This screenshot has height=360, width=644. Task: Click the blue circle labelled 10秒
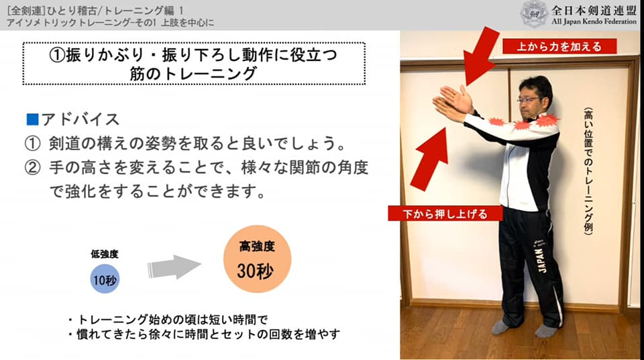(x=105, y=279)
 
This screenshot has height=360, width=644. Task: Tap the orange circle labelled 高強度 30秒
(x=257, y=259)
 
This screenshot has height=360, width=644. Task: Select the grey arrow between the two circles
(x=174, y=267)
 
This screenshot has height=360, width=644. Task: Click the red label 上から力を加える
(x=559, y=46)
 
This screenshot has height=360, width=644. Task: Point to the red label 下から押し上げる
(x=445, y=213)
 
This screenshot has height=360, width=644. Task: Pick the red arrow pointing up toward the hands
(x=429, y=160)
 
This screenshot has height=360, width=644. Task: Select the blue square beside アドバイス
(x=32, y=119)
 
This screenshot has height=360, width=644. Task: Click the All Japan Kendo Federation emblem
(x=534, y=14)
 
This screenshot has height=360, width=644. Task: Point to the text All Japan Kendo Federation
(x=594, y=21)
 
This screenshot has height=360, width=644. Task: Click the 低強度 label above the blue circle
(x=105, y=254)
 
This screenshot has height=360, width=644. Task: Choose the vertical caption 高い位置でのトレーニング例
(x=588, y=171)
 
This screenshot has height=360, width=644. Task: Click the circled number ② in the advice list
(x=32, y=168)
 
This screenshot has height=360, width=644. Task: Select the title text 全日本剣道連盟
(x=594, y=10)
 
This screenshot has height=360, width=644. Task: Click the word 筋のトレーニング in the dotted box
(x=193, y=74)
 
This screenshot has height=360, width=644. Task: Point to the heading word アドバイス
(x=80, y=119)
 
